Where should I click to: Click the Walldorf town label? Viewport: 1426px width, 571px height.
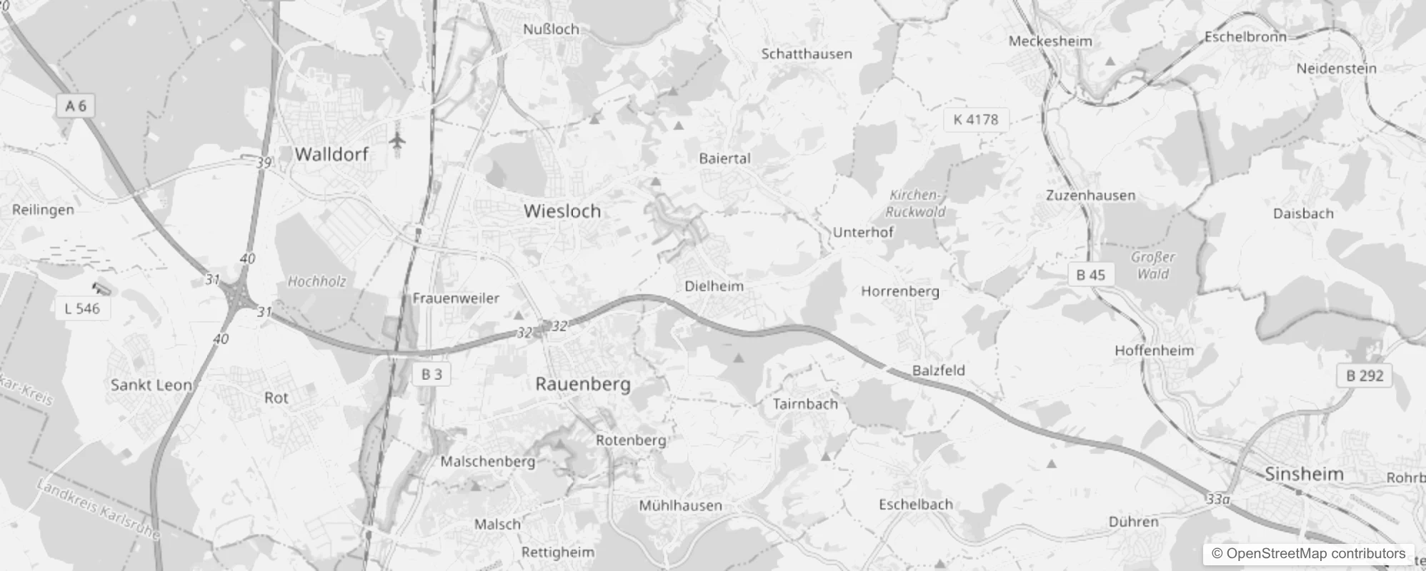331,153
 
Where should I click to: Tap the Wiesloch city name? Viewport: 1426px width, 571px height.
562,211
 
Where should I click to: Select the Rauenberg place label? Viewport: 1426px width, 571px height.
583,384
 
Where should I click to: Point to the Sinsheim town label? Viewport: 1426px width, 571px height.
1304,474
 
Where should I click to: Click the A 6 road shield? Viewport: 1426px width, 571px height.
76,106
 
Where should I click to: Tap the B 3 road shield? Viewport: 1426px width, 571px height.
432,374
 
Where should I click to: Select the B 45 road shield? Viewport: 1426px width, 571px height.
1090,275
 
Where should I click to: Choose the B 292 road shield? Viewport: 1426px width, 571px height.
1365,375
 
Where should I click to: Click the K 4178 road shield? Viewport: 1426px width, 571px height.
975,119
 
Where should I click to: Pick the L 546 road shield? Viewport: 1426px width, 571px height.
82,308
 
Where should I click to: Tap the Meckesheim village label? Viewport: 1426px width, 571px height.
1050,41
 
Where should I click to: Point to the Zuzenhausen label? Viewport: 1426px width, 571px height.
1090,195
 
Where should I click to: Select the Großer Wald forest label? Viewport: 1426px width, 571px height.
1153,266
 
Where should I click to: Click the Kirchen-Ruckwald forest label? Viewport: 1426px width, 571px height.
915,203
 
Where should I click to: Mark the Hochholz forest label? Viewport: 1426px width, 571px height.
316,281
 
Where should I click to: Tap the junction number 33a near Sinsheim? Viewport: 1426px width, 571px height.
1218,499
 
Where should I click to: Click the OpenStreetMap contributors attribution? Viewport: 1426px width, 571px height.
1307,553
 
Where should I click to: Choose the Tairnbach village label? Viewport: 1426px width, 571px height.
805,404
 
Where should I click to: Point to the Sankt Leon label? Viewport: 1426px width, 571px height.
151,385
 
